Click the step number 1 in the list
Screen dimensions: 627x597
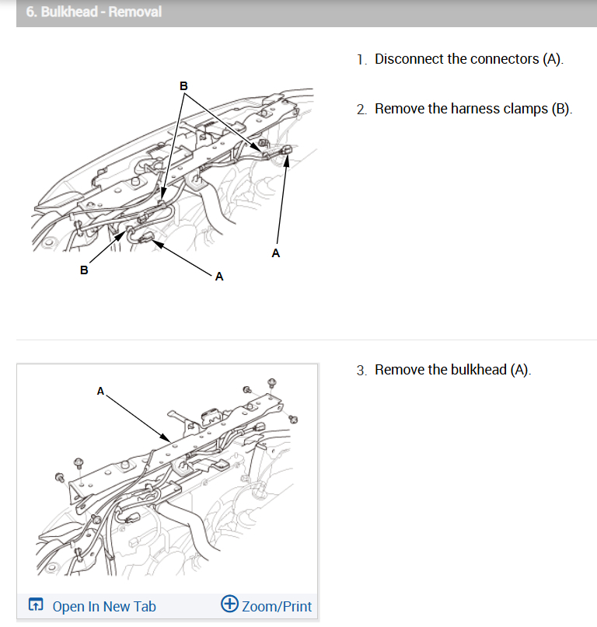[x=361, y=60]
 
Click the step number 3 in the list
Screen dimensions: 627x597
[x=361, y=371]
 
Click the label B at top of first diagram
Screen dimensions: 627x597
[x=183, y=85]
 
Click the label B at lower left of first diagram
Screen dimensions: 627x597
[x=84, y=270]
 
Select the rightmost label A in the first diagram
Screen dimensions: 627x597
[x=275, y=253]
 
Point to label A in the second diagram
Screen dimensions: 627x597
[x=100, y=391]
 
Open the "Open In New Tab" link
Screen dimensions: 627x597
[x=103, y=606]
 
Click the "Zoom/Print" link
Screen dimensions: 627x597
[x=276, y=606]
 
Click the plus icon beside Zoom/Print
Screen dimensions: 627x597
[x=229, y=604]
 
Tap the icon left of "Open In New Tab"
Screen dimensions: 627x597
[x=36, y=605]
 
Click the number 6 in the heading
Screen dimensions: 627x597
[x=30, y=12]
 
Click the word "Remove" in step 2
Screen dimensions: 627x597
[x=398, y=109]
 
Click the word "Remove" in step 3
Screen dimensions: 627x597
[x=398, y=370]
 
